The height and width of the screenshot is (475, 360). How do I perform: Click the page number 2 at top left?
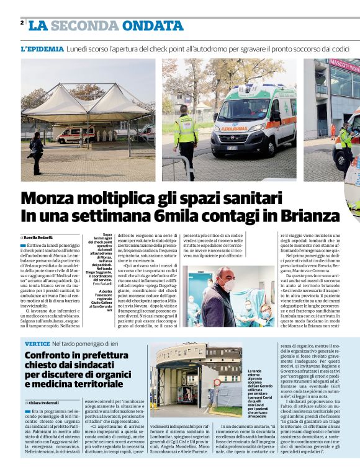[x=22, y=23]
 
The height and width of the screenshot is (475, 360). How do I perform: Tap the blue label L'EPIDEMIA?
[x=42, y=48]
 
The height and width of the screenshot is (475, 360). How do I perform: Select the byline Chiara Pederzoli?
[x=42, y=403]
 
